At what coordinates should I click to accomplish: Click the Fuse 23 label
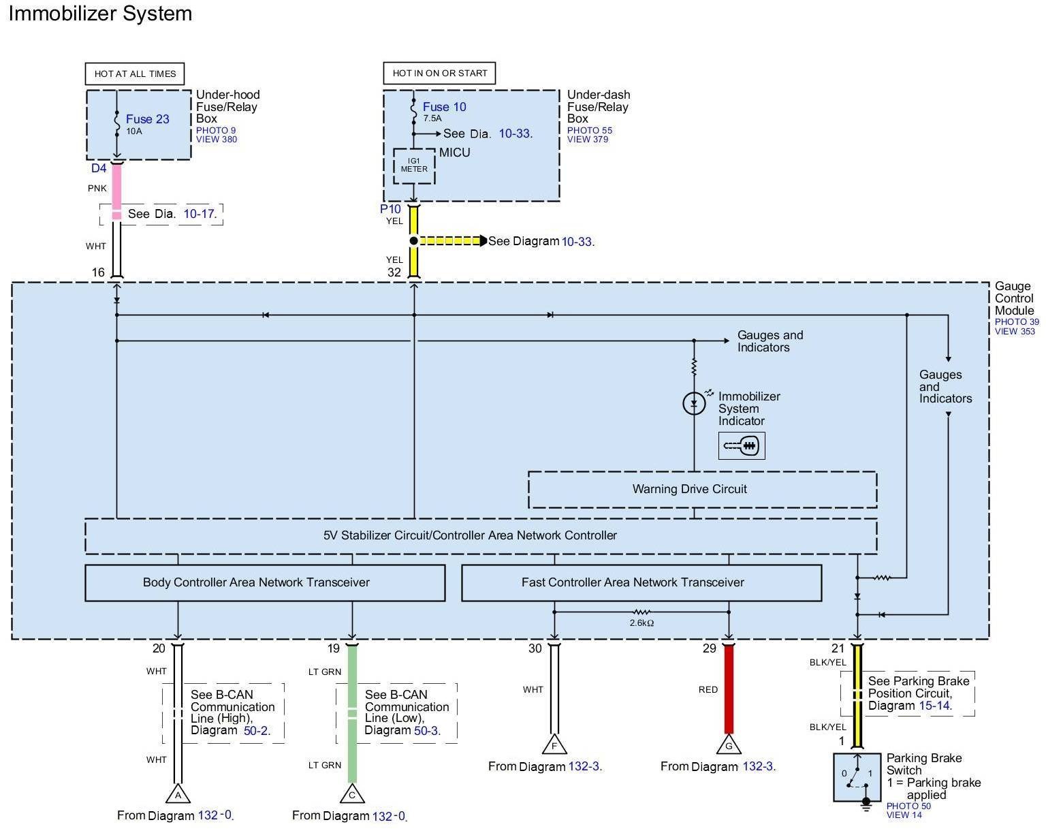(x=147, y=119)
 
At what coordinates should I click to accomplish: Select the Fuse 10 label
(x=444, y=107)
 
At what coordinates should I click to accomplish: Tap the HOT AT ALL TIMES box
(x=135, y=74)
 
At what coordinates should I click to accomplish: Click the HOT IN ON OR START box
(x=439, y=74)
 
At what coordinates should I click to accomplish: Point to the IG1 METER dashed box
(x=413, y=166)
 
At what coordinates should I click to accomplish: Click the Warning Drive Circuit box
(x=702, y=489)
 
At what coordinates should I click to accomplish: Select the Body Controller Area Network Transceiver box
(x=265, y=582)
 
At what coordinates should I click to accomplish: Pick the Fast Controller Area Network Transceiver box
(x=641, y=582)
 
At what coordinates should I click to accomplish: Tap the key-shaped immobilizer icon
(x=741, y=445)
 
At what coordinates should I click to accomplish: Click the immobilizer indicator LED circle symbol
(x=694, y=403)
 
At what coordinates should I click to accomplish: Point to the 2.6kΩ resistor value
(x=641, y=623)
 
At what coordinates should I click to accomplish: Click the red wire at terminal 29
(x=729, y=689)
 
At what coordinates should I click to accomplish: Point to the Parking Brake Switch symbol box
(x=857, y=778)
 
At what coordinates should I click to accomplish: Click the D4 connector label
(x=99, y=168)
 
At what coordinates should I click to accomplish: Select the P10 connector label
(x=390, y=209)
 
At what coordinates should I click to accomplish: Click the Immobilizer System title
(x=100, y=13)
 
